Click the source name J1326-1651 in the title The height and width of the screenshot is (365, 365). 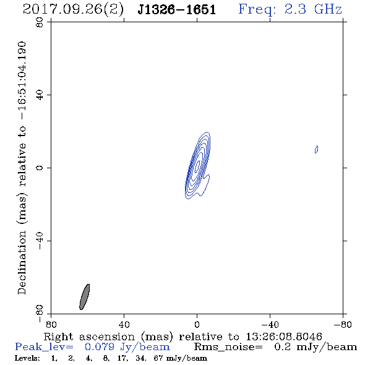(x=176, y=10)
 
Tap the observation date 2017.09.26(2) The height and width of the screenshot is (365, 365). (x=73, y=10)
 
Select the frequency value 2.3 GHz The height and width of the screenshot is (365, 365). (x=313, y=9)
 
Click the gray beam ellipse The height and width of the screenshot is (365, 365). (x=85, y=297)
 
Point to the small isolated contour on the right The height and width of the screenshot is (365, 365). (x=316, y=149)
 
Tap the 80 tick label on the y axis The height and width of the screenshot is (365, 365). (x=40, y=22)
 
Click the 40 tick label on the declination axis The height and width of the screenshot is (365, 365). (x=40, y=95)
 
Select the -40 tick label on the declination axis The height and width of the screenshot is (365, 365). (x=40, y=241)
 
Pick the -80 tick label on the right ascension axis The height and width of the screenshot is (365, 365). (x=343, y=324)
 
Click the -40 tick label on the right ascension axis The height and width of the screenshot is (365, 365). (x=270, y=324)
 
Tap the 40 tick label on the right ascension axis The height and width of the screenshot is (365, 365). (x=124, y=324)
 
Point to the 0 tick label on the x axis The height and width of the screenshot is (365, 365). (x=197, y=324)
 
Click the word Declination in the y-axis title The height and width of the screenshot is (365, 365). (x=22, y=262)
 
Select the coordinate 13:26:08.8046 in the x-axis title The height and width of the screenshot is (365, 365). (x=284, y=337)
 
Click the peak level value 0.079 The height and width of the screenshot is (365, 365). (x=100, y=347)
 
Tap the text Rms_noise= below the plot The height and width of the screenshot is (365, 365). (x=228, y=347)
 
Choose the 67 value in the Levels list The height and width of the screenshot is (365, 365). (x=158, y=358)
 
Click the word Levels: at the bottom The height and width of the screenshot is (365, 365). (x=27, y=358)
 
